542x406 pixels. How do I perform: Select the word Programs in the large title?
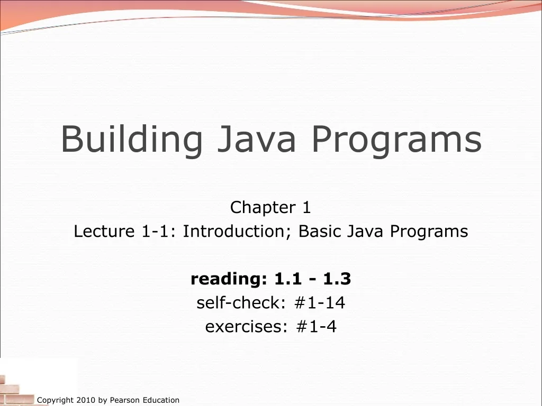point(396,140)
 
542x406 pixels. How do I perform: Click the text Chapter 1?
point(270,208)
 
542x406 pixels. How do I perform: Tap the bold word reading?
point(229,279)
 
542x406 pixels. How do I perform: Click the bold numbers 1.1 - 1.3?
point(312,279)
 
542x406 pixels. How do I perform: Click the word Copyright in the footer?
point(55,400)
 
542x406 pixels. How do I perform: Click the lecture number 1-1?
point(152,232)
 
